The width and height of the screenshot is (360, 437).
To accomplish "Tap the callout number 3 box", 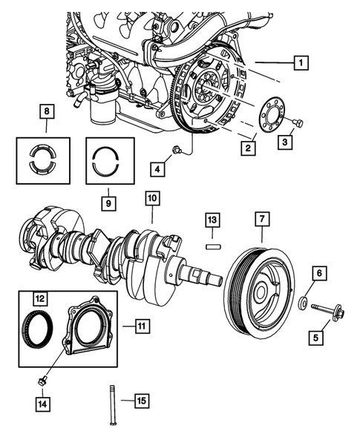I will [x=284, y=139].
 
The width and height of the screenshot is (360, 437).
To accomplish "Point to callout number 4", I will [x=157, y=168].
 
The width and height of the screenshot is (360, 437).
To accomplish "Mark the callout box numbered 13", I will [x=212, y=220].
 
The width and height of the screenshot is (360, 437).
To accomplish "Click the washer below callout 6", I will [x=304, y=303].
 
